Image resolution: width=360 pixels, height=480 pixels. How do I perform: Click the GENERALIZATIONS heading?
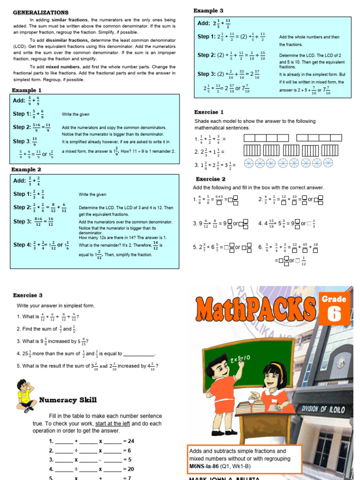click(40, 13)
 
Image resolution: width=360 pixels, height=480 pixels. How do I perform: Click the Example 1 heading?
click(27, 90)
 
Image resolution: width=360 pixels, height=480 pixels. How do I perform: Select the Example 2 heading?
click(27, 169)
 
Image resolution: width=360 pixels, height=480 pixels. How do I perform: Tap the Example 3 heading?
click(209, 10)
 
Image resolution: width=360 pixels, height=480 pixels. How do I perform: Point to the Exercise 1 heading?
click(210, 112)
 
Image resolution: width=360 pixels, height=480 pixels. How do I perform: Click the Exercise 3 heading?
click(28, 295)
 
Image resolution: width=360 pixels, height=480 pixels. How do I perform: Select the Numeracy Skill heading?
click(68, 400)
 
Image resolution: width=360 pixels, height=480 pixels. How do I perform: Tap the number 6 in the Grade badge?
click(334, 313)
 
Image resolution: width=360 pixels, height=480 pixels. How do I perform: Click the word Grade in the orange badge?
click(334, 299)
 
